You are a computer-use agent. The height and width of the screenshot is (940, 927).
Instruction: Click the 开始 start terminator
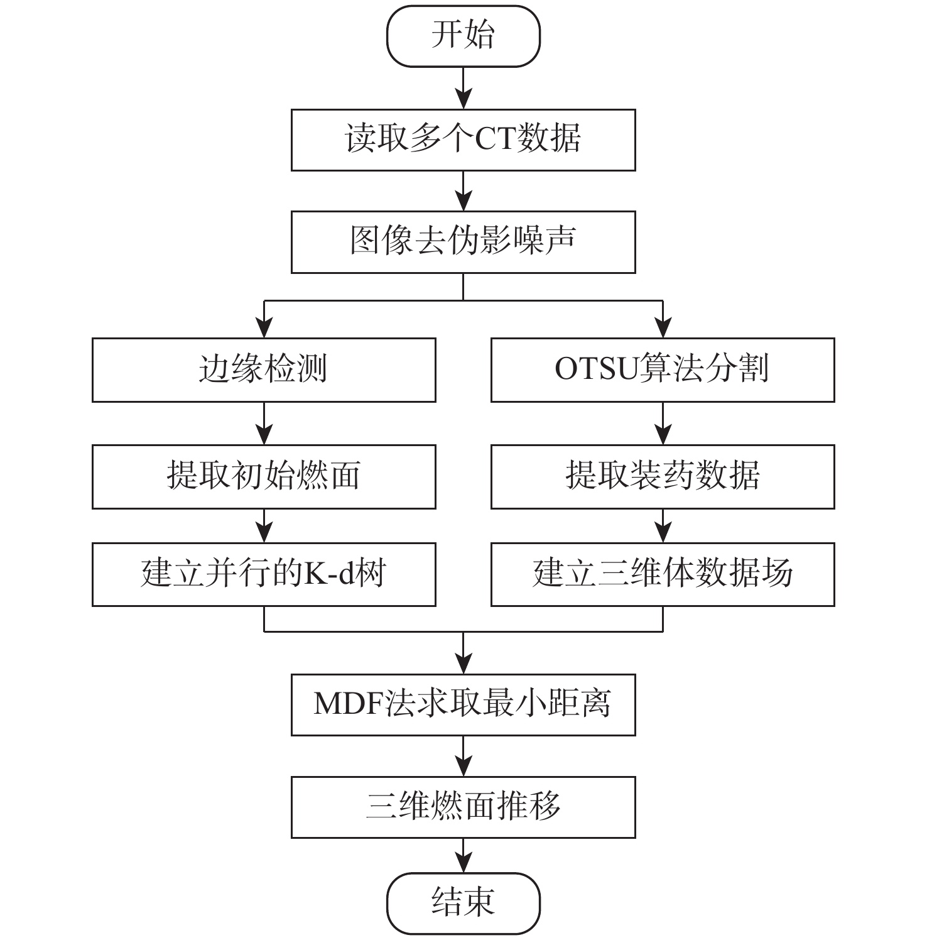[463, 36]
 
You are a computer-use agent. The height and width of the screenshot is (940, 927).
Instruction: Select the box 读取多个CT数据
[463, 139]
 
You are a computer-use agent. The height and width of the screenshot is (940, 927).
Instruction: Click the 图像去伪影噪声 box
[463, 242]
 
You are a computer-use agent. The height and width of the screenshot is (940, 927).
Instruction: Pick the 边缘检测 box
[264, 369]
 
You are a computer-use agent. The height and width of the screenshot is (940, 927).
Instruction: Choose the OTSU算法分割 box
[663, 369]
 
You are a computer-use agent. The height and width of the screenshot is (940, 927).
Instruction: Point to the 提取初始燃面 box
[264, 476]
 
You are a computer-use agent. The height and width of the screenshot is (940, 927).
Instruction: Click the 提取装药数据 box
[663, 476]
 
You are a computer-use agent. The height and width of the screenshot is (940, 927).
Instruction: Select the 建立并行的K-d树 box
[264, 574]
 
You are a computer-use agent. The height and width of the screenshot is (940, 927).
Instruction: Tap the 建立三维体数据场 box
[663, 574]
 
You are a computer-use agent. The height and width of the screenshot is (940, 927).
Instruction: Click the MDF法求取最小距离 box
[463, 704]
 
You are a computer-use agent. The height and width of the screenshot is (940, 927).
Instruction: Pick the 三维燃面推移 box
[463, 807]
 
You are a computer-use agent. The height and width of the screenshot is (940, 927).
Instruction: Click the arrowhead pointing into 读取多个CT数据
[463, 99]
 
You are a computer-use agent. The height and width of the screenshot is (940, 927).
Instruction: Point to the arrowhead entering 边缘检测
[264, 328]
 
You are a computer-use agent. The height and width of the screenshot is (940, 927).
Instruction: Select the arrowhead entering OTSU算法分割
[663, 328]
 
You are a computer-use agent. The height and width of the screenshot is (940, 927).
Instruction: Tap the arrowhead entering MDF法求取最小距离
[463, 664]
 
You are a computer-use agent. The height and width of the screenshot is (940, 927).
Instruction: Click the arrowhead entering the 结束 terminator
[463, 863]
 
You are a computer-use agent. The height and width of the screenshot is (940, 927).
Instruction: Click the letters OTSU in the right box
[596, 369]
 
